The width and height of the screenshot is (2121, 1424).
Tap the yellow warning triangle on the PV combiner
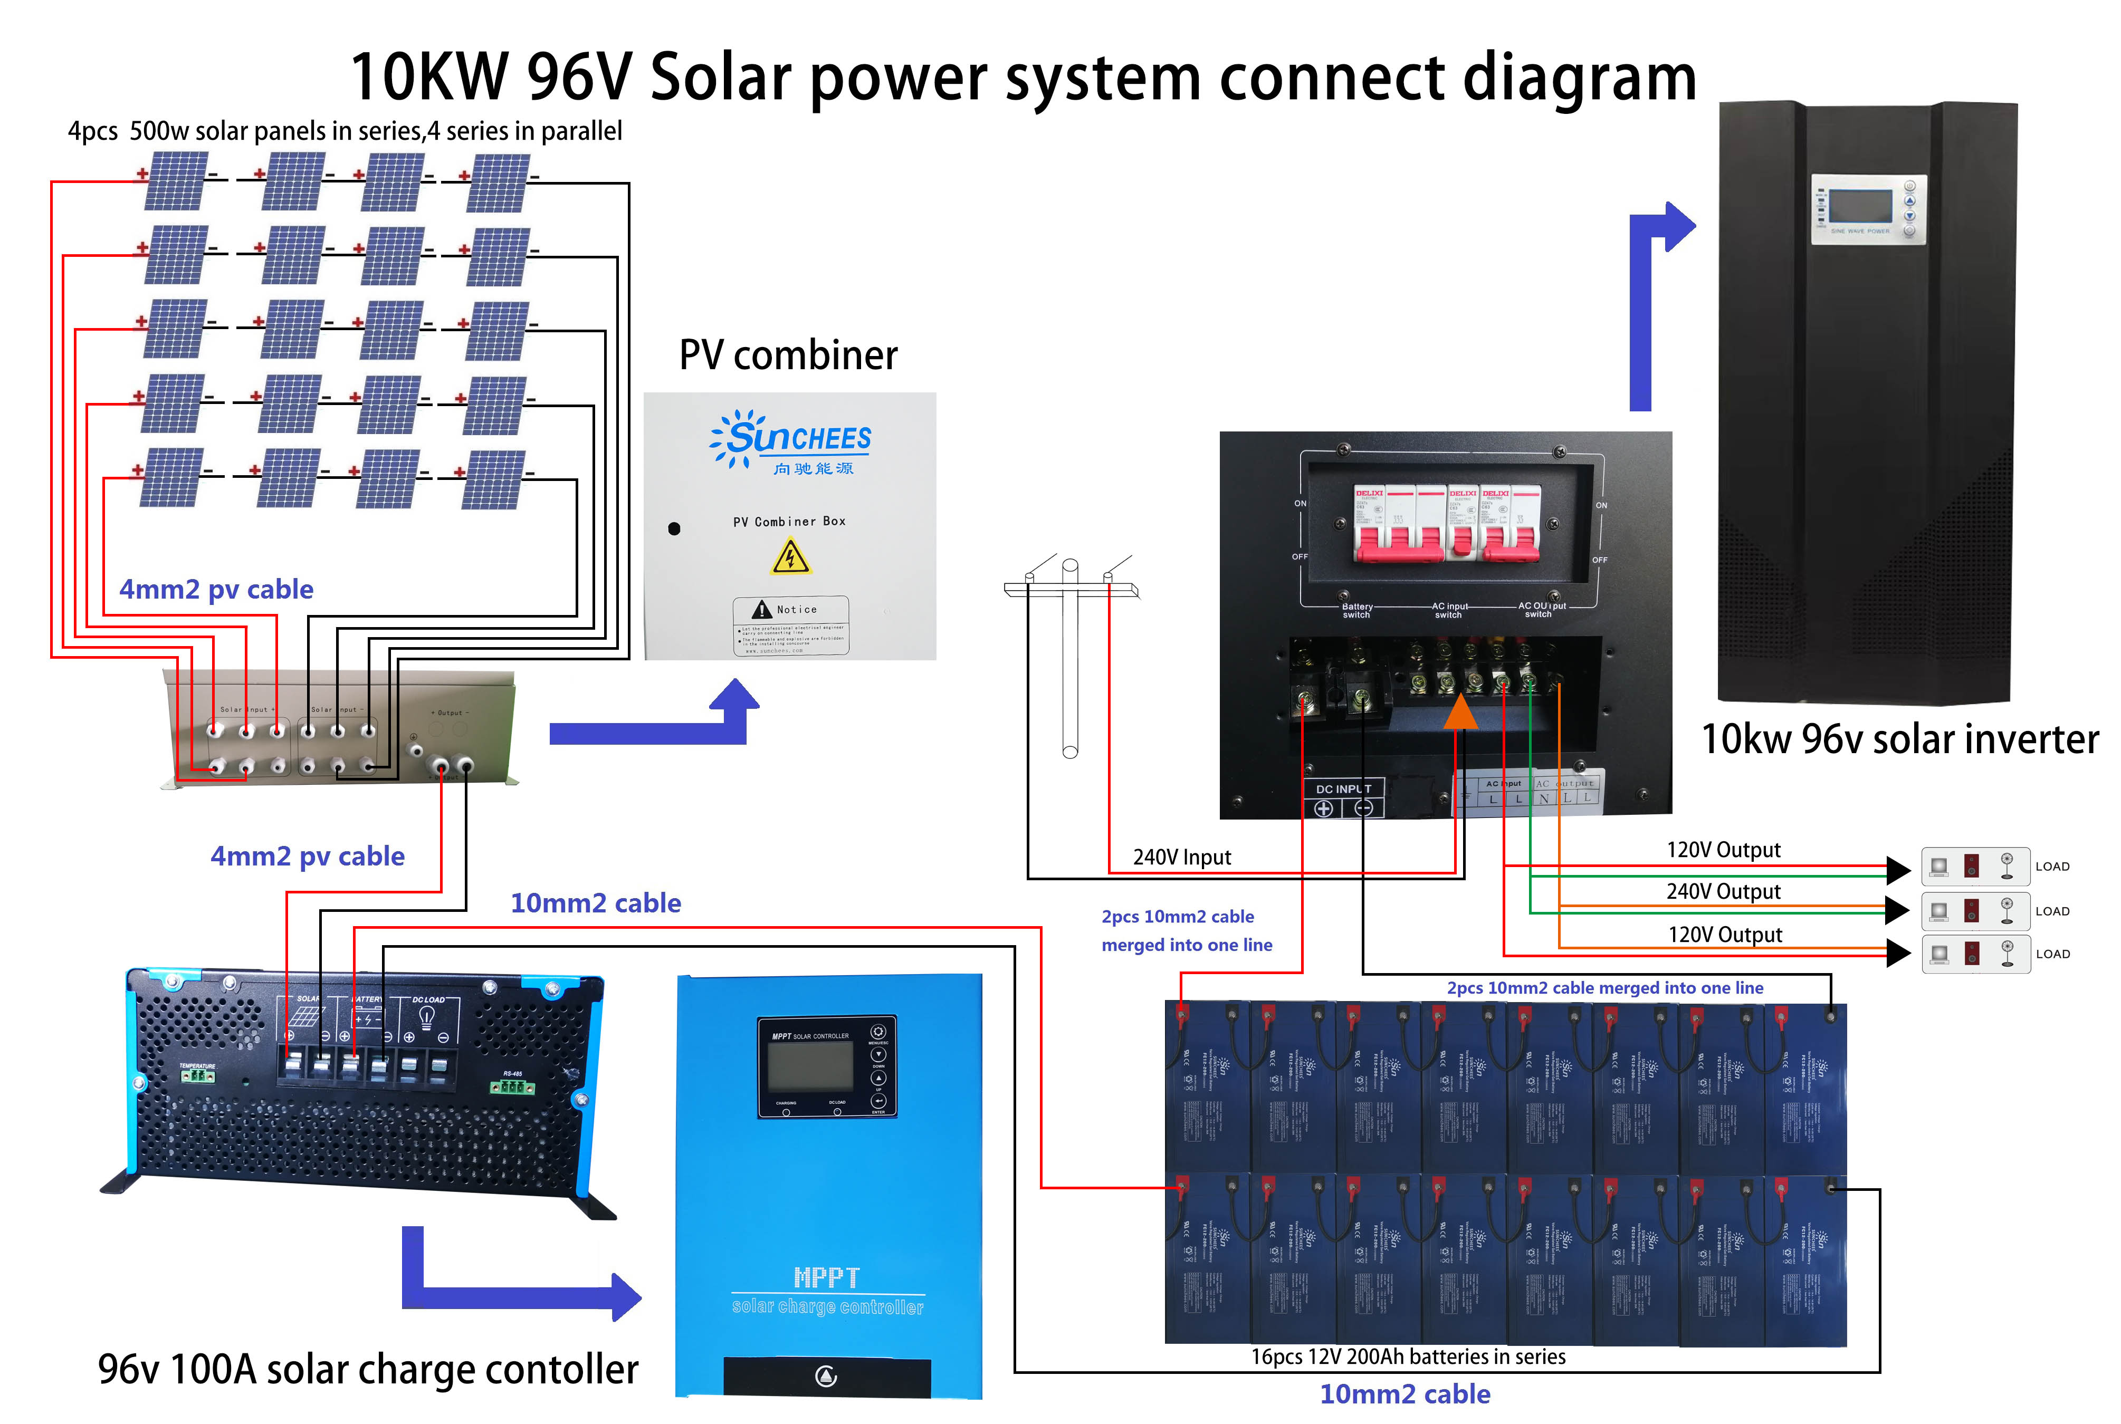click(x=790, y=556)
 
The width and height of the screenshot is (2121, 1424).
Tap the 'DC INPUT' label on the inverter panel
click(x=1343, y=788)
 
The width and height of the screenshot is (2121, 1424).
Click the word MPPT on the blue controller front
click(x=826, y=1277)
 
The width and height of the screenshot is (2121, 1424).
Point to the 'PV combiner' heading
click(x=788, y=354)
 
